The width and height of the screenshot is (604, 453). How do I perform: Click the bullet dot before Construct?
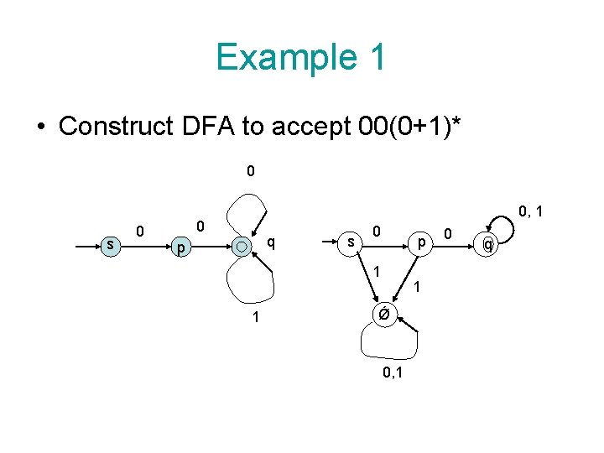pyautogui.click(x=40, y=127)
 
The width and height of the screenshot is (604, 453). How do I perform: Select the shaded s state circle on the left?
pyautogui.click(x=110, y=244)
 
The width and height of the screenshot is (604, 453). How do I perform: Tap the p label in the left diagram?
pyautogui.click(x=177, y=249)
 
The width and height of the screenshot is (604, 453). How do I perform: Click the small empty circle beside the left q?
pyautogui.click(x=242, y=247)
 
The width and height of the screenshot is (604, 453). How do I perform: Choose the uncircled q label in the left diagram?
pyautogui.click(x=270, y=243)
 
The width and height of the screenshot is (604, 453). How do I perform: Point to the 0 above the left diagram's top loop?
pyautogui.click(x=251, y=172)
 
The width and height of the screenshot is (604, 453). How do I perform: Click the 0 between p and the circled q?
pyautogui.click(x=449, y=231)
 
